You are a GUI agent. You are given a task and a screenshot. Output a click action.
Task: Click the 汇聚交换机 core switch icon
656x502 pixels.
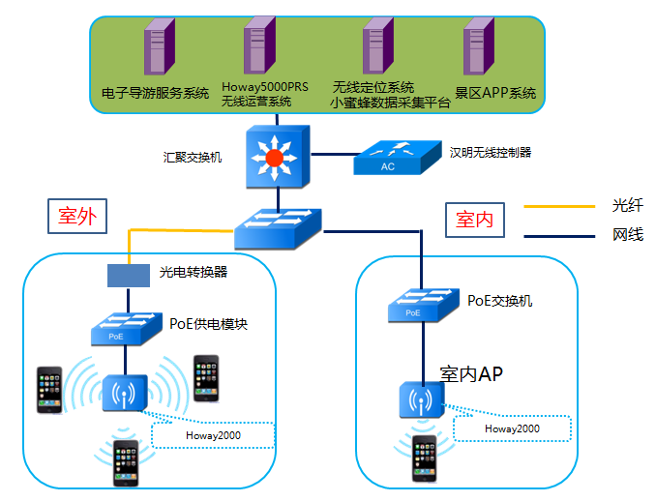[276, 156]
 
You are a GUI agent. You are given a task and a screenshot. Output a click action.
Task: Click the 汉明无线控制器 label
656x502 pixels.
[491, 152]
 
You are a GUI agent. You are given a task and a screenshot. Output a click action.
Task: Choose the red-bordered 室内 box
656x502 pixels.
[474, 220]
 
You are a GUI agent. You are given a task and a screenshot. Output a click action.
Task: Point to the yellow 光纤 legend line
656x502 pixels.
[558, 206]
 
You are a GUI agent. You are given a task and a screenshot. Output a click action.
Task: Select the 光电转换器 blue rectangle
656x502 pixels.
[128, 274]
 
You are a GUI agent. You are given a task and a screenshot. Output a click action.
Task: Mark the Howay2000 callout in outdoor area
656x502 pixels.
[213, 435]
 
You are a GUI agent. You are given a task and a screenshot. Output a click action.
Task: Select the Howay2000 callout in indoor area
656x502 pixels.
[512, 428]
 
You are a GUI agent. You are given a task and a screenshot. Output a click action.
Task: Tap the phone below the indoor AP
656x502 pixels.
[424, 457]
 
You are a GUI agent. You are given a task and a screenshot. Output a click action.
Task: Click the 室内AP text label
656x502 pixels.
[471, 372]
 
